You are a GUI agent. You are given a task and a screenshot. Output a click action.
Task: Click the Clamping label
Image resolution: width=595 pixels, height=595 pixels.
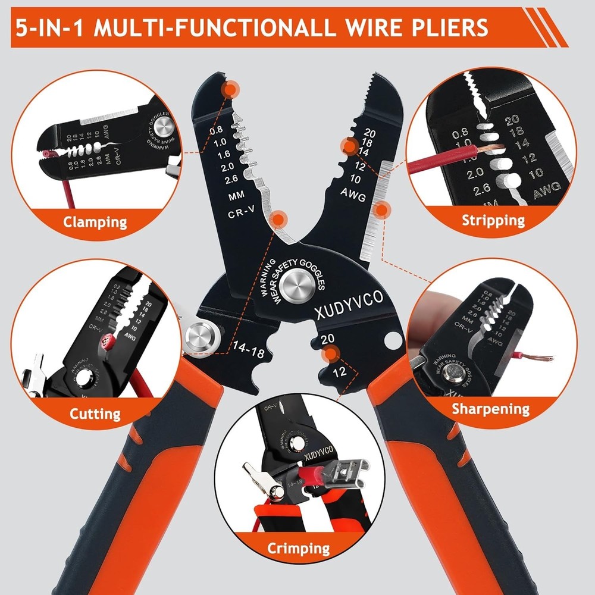pos(95,223)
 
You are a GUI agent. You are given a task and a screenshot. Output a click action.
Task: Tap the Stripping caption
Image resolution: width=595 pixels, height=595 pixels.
pos(493,221)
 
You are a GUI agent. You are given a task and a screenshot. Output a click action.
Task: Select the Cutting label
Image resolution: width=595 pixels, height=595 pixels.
pos(95,414)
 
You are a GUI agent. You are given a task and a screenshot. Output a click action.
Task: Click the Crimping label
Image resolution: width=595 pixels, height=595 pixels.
pos(298,548)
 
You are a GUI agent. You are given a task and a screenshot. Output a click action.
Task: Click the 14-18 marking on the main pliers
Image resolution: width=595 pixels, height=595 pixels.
pos(249,347)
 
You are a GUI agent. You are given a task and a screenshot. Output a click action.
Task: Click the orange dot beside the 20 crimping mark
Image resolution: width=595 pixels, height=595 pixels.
pos(327,356)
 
